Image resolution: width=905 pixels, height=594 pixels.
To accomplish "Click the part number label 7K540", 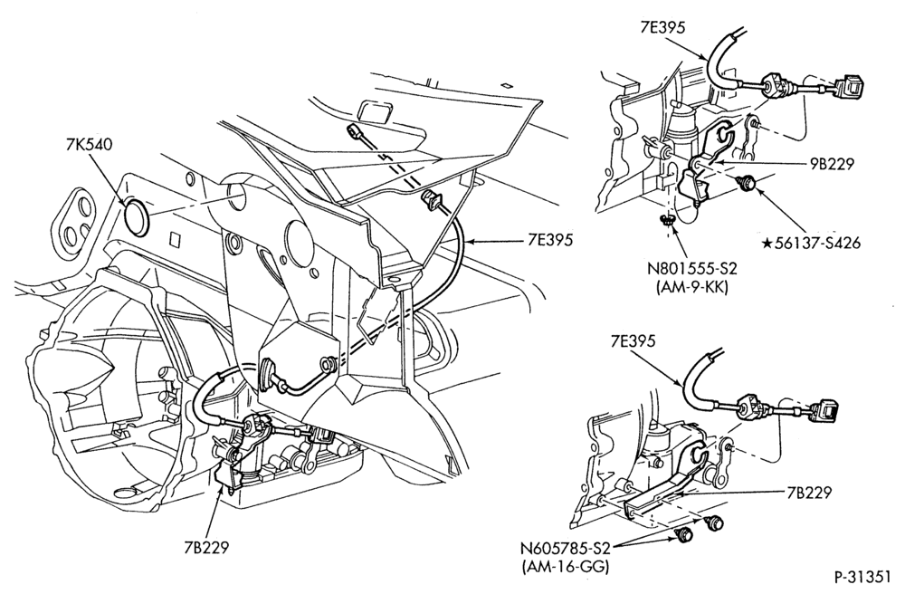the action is [89, 144].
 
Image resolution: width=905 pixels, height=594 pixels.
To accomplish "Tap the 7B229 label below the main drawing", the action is [206, 547].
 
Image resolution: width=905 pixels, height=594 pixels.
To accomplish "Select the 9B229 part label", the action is [830, 164].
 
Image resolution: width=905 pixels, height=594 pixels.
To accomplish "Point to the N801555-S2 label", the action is [692, 269].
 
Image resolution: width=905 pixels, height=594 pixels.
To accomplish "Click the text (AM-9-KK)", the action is [692, 286].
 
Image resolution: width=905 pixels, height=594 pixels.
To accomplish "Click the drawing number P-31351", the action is [864, 578].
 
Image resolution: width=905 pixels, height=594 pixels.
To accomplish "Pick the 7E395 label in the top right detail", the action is [662, 28].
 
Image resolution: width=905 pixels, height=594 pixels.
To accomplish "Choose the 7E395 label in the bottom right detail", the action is [633, 341].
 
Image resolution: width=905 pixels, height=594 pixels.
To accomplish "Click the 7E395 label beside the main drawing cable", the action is [550, 240].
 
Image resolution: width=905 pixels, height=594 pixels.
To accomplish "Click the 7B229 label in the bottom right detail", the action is [808, 493].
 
